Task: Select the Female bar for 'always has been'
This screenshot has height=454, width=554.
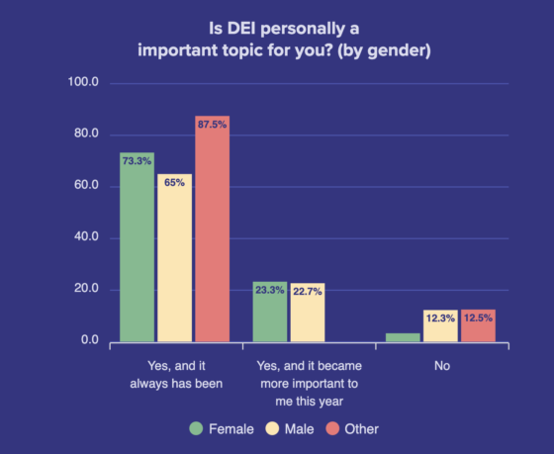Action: [x=138, y=247]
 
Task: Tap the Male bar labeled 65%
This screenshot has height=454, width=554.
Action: [x=174, y=258]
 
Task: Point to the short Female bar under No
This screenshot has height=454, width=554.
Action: [x=403, y=337]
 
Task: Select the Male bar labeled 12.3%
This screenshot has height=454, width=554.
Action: [x=440, y=325]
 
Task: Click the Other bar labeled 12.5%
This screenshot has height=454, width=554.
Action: [x=477, y=325]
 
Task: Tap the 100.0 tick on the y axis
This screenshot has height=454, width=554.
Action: [x=82, y=83]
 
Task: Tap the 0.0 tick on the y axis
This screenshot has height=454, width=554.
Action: [x=88, y=341]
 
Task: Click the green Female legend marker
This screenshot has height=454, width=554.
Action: [x=196, y=428]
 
